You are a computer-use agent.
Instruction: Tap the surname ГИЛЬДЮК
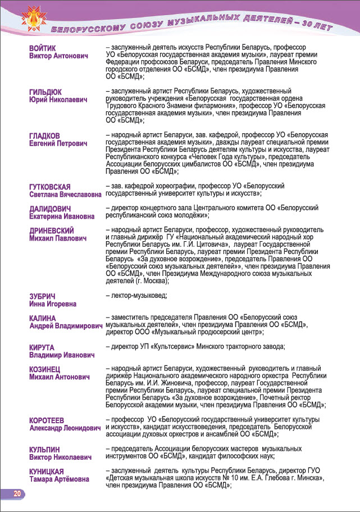click(45, 92)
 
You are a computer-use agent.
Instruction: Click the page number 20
click(17, 494)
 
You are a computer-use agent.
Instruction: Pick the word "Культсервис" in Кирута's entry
click(177, 347)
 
